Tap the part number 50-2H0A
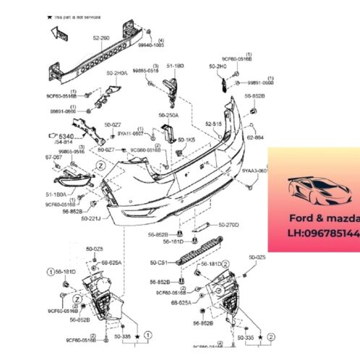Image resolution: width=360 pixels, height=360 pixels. click(x=117, y=73)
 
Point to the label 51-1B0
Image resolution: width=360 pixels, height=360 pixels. click(x=176, y=66)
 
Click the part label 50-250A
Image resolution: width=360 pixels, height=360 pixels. click(x=171, y=114)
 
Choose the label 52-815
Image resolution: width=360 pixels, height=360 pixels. click(x=213, y=124)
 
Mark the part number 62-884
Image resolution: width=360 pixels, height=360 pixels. click(x=256, y=136)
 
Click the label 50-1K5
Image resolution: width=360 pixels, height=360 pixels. click(x=187, y=139)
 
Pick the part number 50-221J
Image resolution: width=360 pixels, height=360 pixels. click(x=91, y=218)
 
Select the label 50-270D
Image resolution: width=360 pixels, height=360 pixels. click(x=228, y=225)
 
